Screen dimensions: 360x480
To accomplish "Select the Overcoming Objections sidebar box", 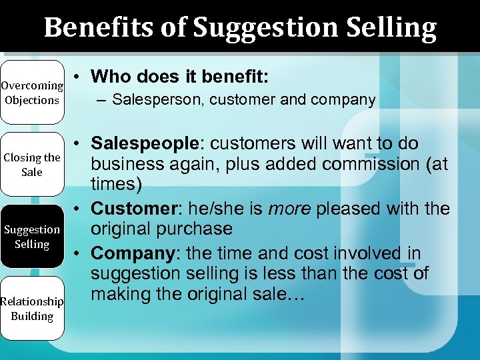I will (x=32, y=93).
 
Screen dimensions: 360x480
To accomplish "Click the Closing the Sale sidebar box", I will (x=32, y=165).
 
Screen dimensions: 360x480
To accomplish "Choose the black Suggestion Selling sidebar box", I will (x=32, y=237).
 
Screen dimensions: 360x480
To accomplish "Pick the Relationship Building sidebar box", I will (x=32, y=309).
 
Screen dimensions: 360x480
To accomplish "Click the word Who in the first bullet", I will (x=109, y=77).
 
